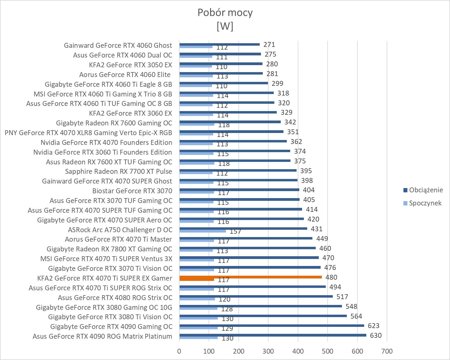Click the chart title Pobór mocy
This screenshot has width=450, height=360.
[x=225, y=12]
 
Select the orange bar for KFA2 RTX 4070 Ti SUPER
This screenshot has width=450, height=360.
[x=251, y=277]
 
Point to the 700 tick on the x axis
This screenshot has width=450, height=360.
[x=387, y=351]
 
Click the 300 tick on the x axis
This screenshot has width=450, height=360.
[x=268, y=351]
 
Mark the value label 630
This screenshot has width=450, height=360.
[x=376, y=336]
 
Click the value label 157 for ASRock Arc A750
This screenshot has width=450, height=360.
[x=235, y=232]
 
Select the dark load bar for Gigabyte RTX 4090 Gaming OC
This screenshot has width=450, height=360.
[x=272, y=325]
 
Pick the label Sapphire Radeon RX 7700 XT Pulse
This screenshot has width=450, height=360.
[x=118, y=171]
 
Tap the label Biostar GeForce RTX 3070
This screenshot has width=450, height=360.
[x=132, y=191]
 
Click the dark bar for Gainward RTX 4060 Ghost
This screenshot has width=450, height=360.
[x=220, y=44]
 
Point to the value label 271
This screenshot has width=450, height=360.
[x=269, y=45]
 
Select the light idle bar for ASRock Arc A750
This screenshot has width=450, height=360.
[x=202, y=231]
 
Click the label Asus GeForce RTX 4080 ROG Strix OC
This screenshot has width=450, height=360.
[x=115, y=298]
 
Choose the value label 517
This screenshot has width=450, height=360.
[x=342, y=297]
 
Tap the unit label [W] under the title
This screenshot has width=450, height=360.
[x=225, y=26]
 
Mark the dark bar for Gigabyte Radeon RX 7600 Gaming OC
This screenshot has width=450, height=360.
[x=230, y=122]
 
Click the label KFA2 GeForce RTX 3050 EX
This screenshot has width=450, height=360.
[x=130, y=65]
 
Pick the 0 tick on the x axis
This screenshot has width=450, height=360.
[x=179, y=351]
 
